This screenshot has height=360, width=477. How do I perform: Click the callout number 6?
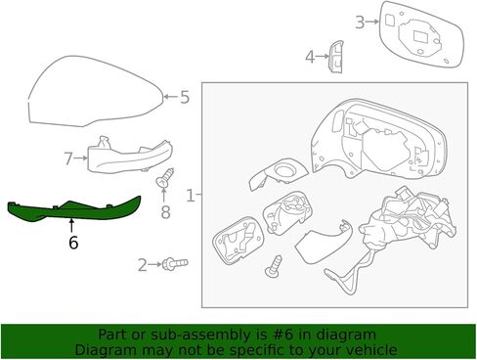(x=73, y=243)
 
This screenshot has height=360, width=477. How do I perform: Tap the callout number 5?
(x=185, y=97)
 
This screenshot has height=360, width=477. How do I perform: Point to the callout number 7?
(x=68, y=158)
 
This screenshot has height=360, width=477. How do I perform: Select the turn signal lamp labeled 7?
(x=130, y=156)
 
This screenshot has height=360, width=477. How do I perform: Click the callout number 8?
(x=165, y=212)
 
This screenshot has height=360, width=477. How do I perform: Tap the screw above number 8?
(x=165, y=177)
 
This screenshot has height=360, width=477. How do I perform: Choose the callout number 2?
(x=143, y=265)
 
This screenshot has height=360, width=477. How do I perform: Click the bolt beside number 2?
(x=175, y=263)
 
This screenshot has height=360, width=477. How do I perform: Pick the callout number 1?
(x=191, y=196)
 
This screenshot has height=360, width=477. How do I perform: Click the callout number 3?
(x=360, y=22)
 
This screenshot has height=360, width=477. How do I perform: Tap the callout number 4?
(x=310, y=57)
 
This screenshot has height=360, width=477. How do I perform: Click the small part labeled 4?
(x=336, y=57)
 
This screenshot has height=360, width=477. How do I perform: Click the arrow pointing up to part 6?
(x=71, y=226)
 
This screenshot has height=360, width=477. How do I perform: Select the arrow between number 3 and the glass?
(x=372, y=22)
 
